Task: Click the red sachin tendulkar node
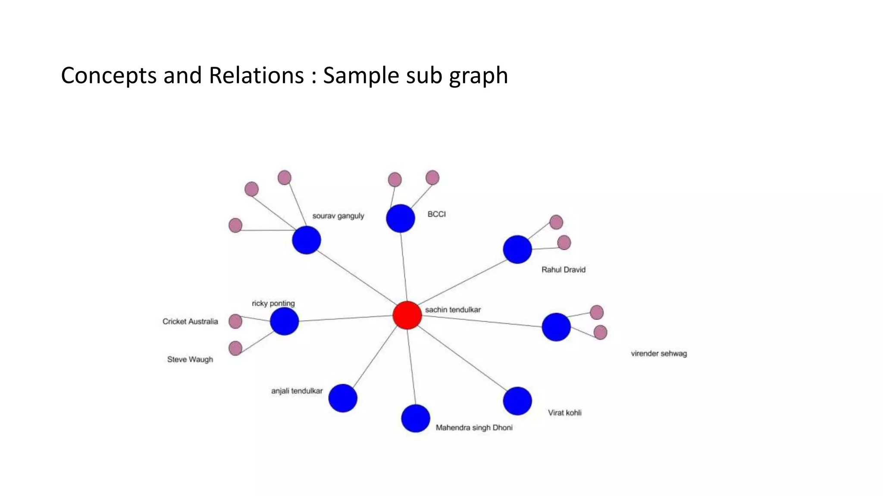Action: (407, 315)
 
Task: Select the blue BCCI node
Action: (401, 218)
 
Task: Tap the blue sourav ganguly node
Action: (307, 240)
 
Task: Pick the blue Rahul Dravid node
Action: (517, 249)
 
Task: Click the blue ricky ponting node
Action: (285, 321)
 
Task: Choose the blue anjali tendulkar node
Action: (343, 398)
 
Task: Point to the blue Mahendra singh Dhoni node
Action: (416, 418)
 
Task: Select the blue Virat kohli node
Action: (517, 401)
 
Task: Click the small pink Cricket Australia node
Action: (235, 321)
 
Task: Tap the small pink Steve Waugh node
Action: (235, 348)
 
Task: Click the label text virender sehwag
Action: (659, 353)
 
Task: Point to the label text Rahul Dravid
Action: (564, 270)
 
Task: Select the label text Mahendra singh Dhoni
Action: (474, 428)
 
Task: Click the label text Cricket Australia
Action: (190, 321)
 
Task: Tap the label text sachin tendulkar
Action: (453, 310)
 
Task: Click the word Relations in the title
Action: (256, 75)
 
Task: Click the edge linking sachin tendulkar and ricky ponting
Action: (345, 318)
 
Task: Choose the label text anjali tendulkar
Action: (297, 391)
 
